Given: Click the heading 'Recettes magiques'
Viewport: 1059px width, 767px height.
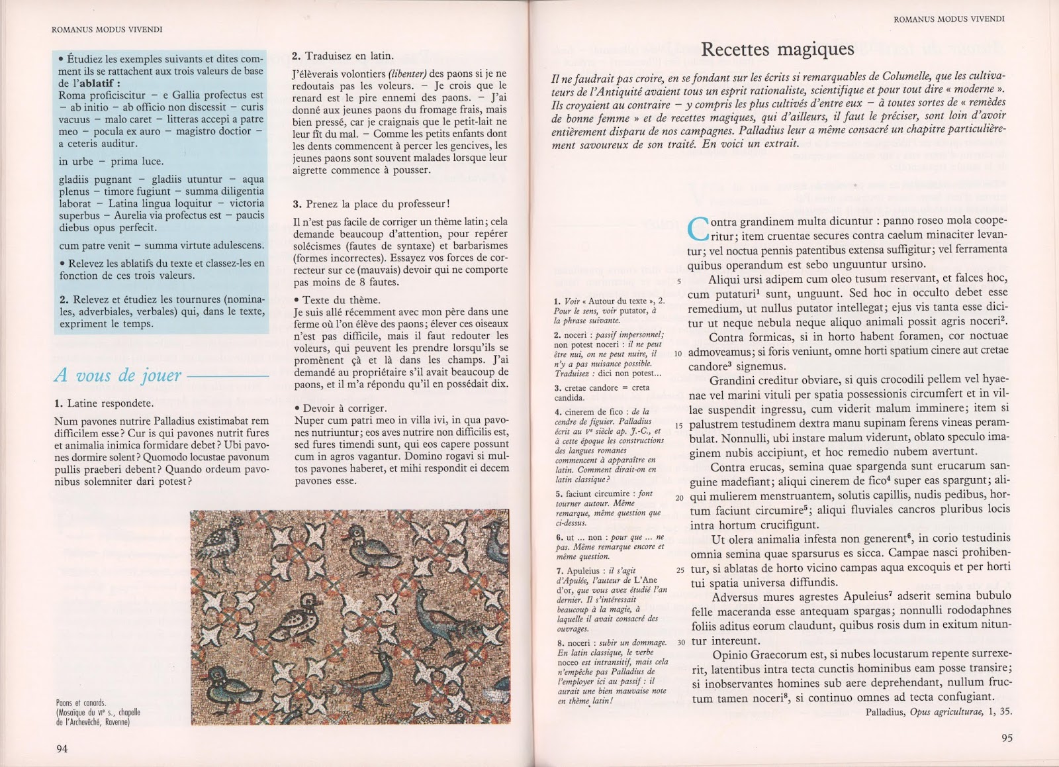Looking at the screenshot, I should point(777,49).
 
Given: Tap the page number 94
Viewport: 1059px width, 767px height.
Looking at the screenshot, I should point(62,748).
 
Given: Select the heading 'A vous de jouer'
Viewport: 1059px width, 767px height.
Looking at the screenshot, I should point(117,376).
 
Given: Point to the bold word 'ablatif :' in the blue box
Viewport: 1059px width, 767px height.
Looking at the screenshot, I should point(99,83).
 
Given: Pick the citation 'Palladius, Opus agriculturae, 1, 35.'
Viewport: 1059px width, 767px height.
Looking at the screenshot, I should point(939,712).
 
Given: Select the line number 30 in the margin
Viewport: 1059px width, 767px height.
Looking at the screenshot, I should point(680,642).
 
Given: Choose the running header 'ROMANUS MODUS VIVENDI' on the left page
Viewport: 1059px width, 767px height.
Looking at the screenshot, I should point(107,29).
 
